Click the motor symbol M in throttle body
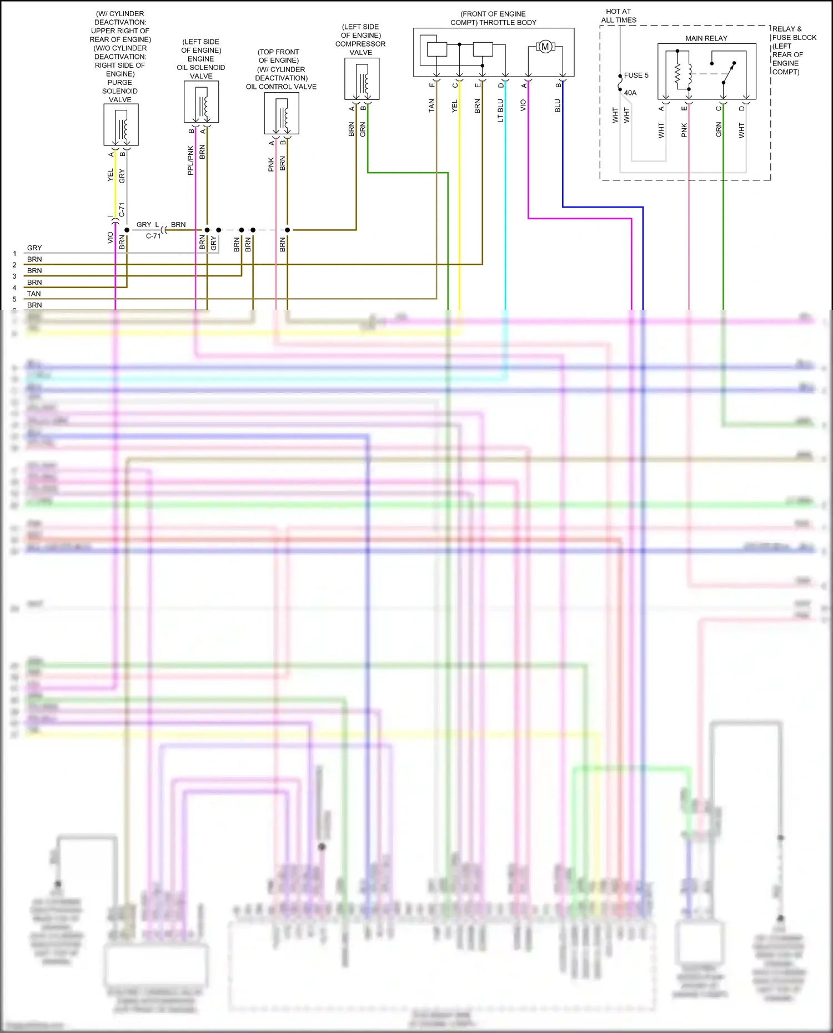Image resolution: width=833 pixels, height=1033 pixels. [545, 47]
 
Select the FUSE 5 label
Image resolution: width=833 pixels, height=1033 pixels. [636, 75]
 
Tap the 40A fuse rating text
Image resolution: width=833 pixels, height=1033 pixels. [630, 93]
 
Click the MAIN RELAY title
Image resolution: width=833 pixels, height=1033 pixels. [706, 38]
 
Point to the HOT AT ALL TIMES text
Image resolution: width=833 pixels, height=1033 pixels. [619, 16]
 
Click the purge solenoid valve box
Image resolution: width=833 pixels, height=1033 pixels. [121, 125]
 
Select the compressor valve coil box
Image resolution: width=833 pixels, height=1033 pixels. [362, 79]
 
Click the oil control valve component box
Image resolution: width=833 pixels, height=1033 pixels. [282, 113]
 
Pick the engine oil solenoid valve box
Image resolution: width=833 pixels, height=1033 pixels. [201, 102]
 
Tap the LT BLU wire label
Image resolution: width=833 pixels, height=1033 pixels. [500, 110]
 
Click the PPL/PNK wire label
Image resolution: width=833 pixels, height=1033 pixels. [190, 160]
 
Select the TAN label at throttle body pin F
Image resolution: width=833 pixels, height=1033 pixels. [431, 106]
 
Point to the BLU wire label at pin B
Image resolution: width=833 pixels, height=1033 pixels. [558, 105]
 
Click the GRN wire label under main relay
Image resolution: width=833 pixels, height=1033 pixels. [719, 130]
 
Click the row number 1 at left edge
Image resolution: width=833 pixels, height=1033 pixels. [14, 254]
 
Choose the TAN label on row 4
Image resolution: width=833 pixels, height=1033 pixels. [34, 294]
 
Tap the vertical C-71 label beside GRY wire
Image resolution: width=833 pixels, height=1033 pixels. [122, 210]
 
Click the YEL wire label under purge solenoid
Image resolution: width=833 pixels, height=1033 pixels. [110, 175]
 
